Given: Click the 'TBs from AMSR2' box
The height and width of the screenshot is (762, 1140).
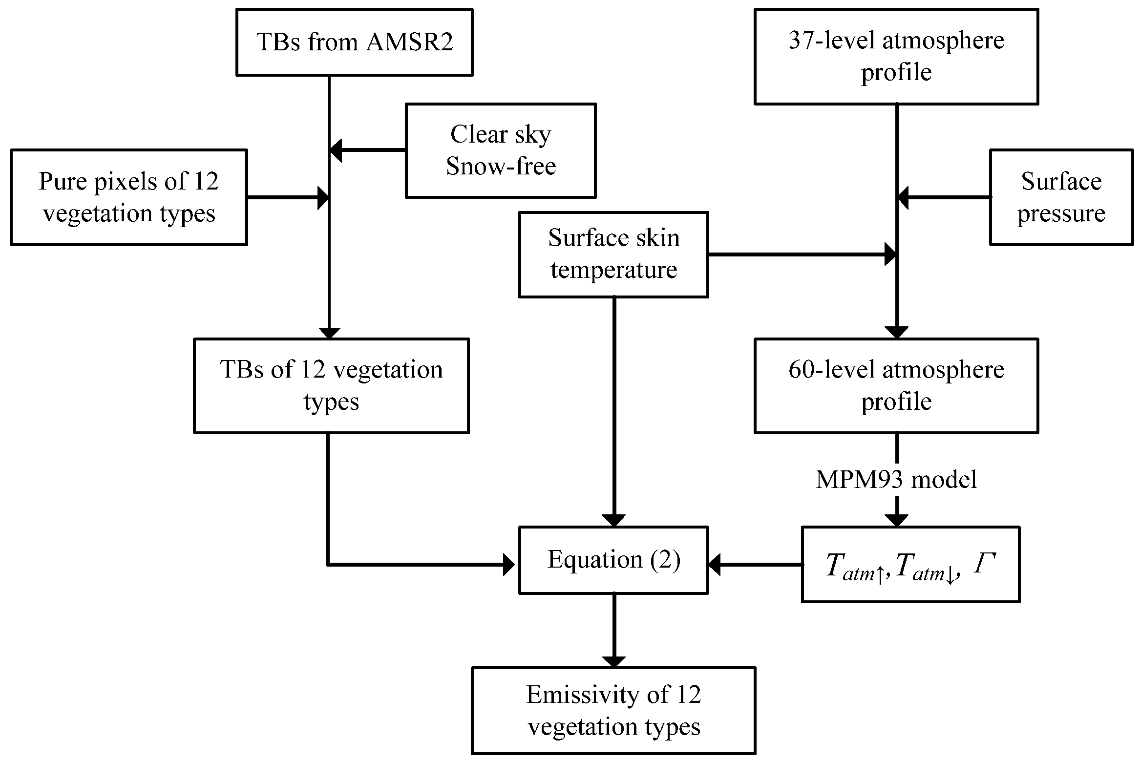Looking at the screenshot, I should click(354, 42).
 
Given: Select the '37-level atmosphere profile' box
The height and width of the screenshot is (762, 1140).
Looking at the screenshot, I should click(896, 56).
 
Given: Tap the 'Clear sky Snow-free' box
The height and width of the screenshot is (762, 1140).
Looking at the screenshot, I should click(500, 150).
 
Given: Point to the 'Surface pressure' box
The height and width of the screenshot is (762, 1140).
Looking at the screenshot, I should click(1061, 197).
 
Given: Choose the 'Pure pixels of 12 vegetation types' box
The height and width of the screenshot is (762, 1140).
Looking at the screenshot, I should click(128, 197).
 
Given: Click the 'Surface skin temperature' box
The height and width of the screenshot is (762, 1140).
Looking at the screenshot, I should click(613, 254).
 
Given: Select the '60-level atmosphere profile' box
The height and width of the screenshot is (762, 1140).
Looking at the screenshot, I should click(896, 385).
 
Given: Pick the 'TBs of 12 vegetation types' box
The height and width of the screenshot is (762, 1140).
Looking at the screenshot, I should click(331, 385).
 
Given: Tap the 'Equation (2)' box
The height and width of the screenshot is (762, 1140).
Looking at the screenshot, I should click(613, 560).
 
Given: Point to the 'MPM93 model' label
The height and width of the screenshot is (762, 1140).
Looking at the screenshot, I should click(896, 479).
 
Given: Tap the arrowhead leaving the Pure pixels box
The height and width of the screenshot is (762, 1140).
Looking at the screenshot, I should click(323, 198).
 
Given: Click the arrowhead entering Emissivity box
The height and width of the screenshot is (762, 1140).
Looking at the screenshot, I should click(613, 661).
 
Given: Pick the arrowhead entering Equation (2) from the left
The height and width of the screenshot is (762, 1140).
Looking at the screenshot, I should click(509, 565).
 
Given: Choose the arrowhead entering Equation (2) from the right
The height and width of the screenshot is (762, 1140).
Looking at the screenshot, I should click(715, 565).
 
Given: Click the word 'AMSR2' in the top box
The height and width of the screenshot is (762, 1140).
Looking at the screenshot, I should click(409, 42).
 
